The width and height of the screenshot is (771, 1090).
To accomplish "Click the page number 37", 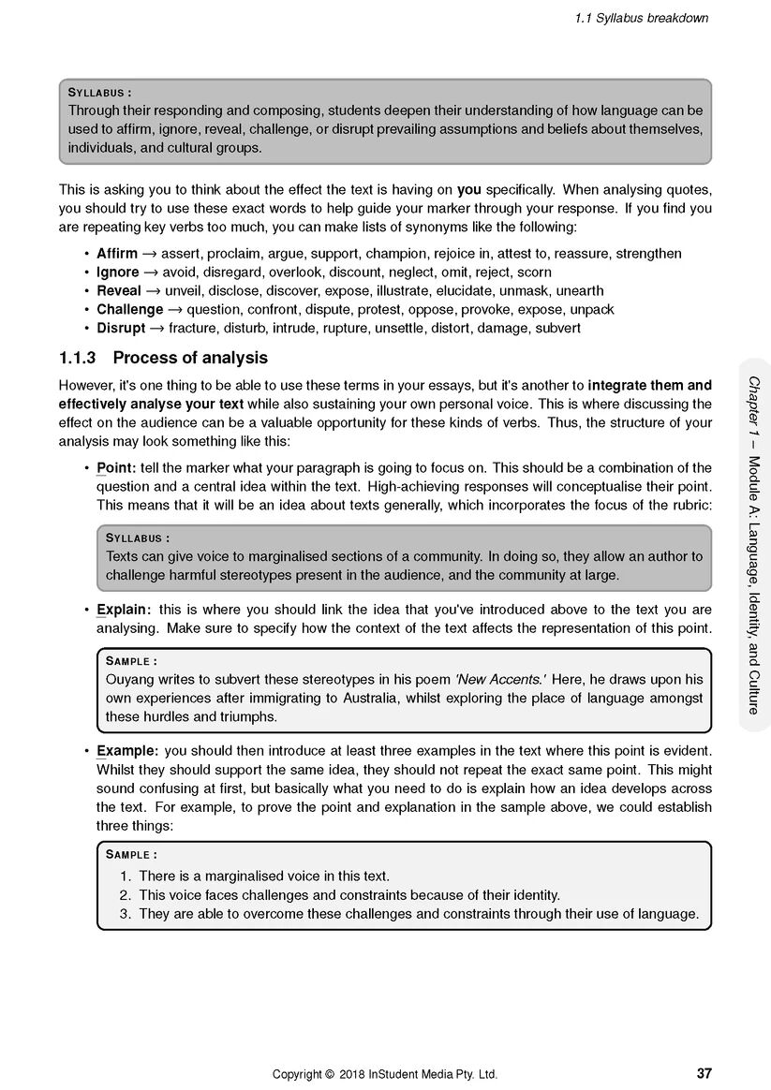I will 704,1073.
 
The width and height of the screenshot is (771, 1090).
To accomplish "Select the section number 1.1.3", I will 80,358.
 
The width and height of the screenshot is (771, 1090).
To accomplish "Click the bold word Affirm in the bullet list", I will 117,254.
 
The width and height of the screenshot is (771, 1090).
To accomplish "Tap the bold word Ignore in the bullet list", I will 117,272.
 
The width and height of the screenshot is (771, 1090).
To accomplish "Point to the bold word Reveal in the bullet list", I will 118,291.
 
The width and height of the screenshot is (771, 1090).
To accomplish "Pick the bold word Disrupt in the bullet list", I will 121,329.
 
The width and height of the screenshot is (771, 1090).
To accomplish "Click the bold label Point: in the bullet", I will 116,467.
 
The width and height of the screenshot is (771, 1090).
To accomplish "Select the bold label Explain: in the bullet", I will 124,610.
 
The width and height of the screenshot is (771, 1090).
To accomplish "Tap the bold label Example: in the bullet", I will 127,751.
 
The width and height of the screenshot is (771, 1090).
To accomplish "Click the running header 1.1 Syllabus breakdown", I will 642,18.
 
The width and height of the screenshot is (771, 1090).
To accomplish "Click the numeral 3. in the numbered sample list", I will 126,914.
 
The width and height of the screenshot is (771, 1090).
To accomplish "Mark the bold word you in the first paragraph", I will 468,190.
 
